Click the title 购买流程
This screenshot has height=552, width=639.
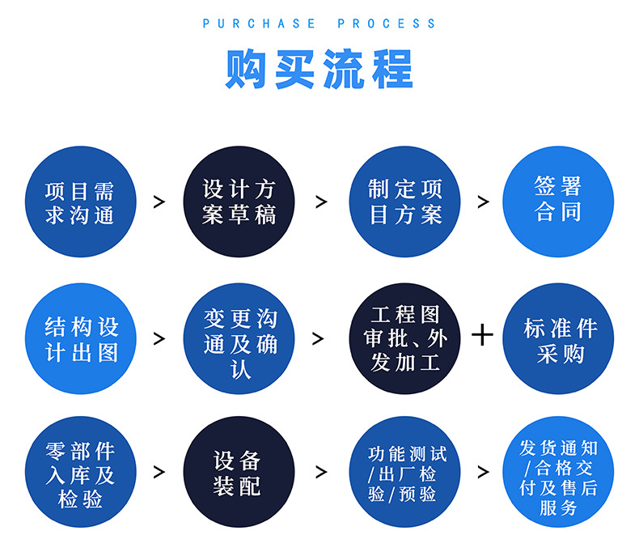319,70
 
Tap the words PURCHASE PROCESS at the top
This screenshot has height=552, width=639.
319,23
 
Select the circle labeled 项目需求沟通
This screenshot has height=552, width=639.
80,202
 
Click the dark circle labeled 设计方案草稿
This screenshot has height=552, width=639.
239,202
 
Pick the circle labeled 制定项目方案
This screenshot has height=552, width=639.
404,202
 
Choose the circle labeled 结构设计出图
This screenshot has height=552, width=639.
80,339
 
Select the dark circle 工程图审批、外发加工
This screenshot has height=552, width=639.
404,338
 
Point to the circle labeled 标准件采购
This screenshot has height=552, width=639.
560,339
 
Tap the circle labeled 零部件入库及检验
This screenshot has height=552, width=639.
80,473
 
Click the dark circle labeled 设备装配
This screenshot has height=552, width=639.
239,473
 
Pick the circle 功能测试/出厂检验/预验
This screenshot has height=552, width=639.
404,473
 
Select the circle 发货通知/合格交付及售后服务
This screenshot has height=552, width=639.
558,473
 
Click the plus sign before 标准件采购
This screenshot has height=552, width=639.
482,334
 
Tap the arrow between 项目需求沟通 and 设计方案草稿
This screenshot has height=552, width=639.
159,202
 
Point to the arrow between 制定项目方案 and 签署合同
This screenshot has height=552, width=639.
484,202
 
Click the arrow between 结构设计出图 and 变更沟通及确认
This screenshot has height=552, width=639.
159,339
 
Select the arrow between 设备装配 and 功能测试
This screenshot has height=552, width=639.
321,473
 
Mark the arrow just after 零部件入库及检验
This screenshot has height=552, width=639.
159,473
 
